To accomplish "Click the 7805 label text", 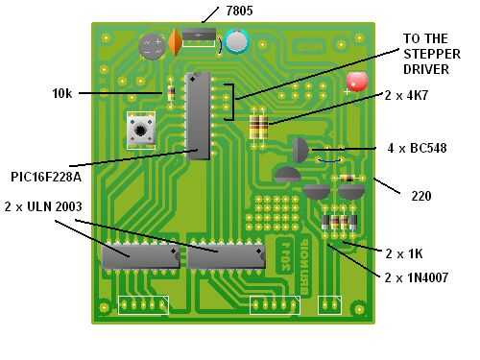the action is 239,11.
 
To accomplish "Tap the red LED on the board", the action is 357,82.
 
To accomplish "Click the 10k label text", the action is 62,93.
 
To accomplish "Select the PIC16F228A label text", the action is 46,177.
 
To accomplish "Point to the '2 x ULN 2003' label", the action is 43,206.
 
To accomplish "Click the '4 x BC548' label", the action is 417,148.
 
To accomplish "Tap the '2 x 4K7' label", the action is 406,95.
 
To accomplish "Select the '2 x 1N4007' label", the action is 417,277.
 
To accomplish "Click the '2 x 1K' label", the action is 404,254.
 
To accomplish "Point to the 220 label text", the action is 421,196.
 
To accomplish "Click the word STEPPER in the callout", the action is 432,54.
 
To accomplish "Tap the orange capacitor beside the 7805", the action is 175,42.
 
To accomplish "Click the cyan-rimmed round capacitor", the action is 237,41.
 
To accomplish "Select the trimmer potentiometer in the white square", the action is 141,130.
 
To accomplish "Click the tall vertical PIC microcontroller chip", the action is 198,116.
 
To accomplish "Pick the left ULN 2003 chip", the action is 141,257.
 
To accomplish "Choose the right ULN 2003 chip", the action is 227,257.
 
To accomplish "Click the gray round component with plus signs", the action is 152,46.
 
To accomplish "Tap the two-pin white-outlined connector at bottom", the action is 329,305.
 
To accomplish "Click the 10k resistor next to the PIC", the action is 171,93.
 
